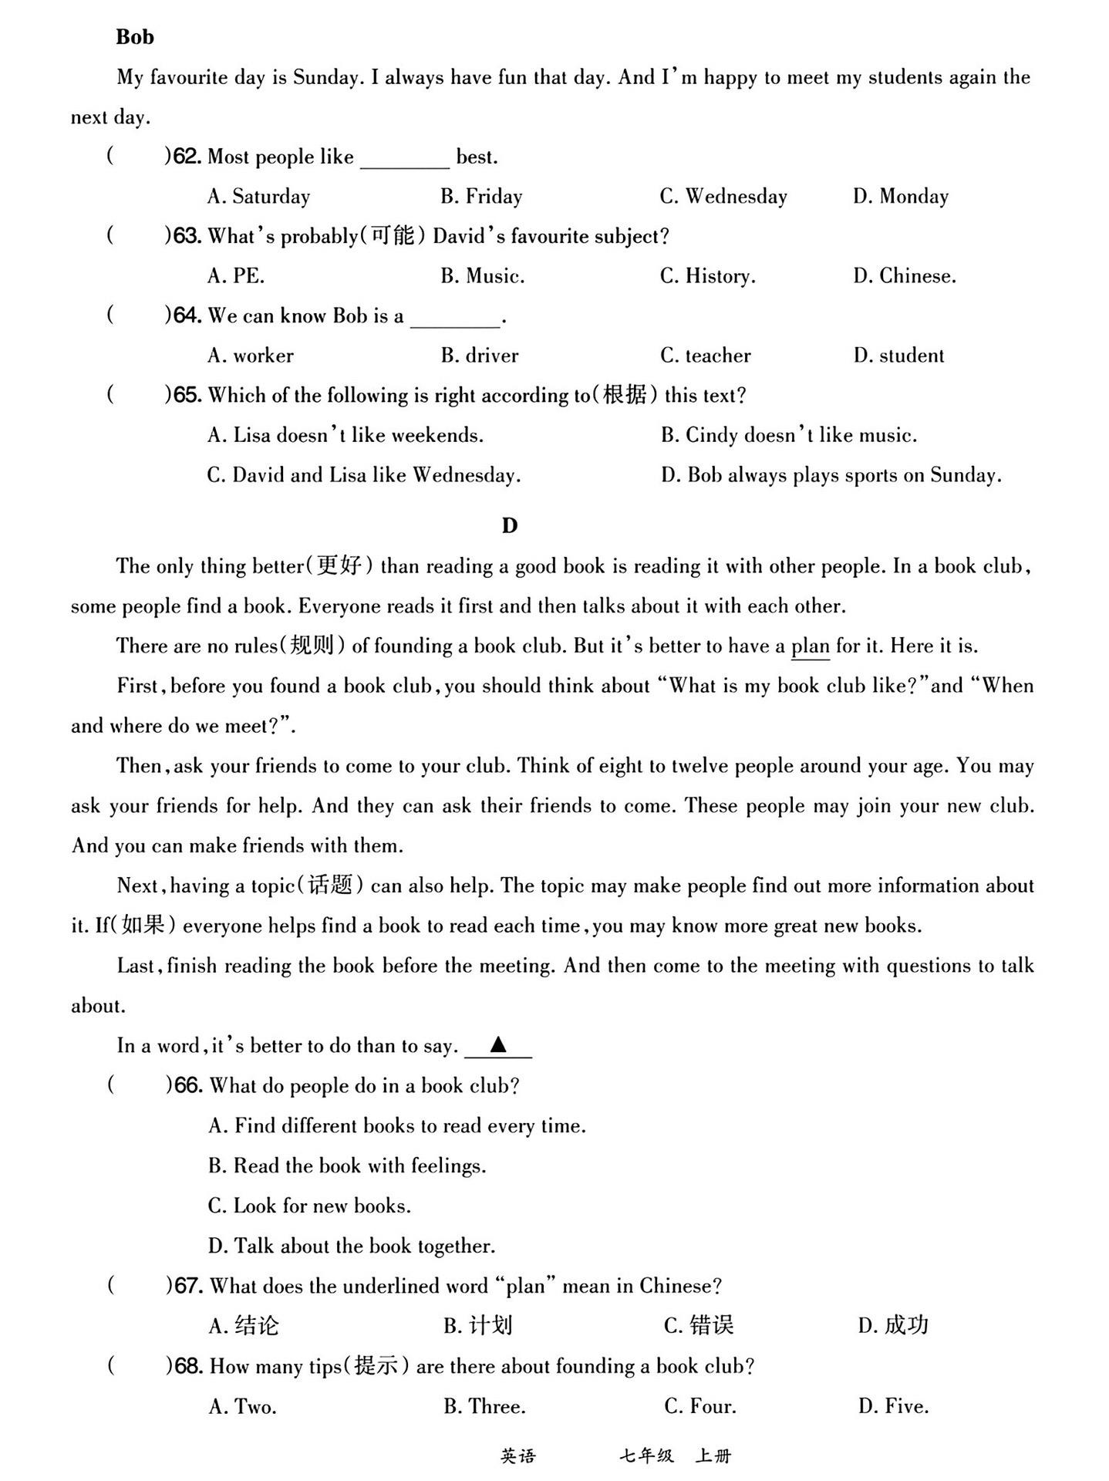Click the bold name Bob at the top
[x=135, y=37]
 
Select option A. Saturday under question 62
[x=258, y=197]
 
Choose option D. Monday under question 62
[x=900, y=197]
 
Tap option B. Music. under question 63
[x=482, y=276]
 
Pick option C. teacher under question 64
[x=705, y=356]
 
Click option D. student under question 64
[x=898, y=356]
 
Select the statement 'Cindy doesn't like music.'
[x=789, y=436]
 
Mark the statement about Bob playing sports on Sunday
[x=831, y=475]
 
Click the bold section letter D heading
[x=510, y=526]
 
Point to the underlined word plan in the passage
[x=811, y=646]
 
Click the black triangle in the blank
[x=498, y=1045]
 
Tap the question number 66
[x=188, y=1086]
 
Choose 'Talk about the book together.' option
[x=352, y=1247]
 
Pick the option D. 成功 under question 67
[x=893, y=1326]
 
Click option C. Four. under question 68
[x=699, y=1407]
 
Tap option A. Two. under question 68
[x=242, y=1407]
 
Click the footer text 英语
[x=517, y=1456]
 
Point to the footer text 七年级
[x=646, y=1456]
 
